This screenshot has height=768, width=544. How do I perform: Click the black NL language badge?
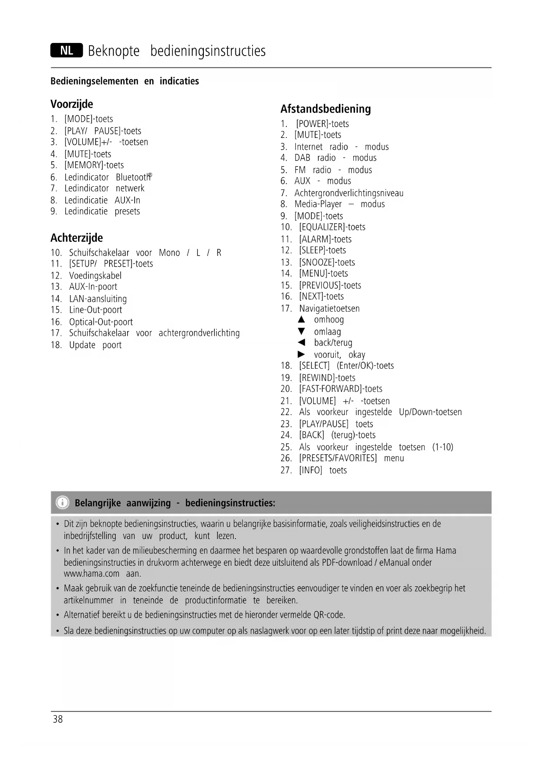tap(67, 51)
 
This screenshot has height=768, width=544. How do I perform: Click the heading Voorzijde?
tap(71, 104)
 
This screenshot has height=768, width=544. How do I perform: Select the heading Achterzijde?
tap(76, 238)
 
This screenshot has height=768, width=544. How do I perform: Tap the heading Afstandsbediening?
tap(325, 109)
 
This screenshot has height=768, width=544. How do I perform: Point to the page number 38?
tap(57, 719)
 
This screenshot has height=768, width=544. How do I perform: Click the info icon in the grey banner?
tap(63, 502)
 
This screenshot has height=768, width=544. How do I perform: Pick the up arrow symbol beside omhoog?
tap(301, 320)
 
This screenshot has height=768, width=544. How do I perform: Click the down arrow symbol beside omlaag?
tap(301, 331)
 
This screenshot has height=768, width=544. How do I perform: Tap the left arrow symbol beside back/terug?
tap(301, 342)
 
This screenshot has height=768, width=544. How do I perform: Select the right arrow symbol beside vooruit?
tap(301, 354)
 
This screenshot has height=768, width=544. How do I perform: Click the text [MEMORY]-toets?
tap(94, 165)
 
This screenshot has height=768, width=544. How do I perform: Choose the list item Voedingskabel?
tap(95, 275)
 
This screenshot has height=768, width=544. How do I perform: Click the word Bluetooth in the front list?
tap(132, 177)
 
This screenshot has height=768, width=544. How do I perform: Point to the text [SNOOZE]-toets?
tap(327, 262)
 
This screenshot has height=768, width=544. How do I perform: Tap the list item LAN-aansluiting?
tap(98, 299)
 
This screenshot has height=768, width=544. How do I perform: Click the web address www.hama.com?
tap(91, 574)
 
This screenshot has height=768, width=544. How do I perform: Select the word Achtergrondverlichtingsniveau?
tap(348, 193)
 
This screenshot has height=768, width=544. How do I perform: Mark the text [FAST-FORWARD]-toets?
tap(340, 389)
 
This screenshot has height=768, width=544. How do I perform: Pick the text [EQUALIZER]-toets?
tap(332, 227)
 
